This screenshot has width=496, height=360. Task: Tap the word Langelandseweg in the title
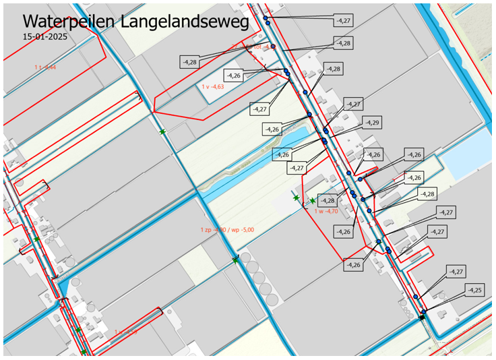click(185, 22)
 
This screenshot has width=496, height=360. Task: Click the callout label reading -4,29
click(371, 123)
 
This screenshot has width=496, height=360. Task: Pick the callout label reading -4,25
click(475, 290)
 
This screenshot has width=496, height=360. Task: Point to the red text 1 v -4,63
click(212, 87)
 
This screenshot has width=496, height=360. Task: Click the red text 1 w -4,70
click(326, 211)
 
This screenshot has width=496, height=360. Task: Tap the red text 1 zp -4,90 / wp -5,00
click(227, 231)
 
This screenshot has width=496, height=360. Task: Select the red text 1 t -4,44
click(45, 67)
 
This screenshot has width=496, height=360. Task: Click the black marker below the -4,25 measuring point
click(423, 317)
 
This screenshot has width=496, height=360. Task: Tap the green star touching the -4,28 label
click(313, 201)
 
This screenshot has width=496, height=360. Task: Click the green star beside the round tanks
click(235, 260)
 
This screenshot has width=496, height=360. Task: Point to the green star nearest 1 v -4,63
click(162, 131)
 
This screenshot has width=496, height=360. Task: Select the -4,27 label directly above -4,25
click(456, 271)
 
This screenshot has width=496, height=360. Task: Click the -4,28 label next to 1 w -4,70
click(328, 200)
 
